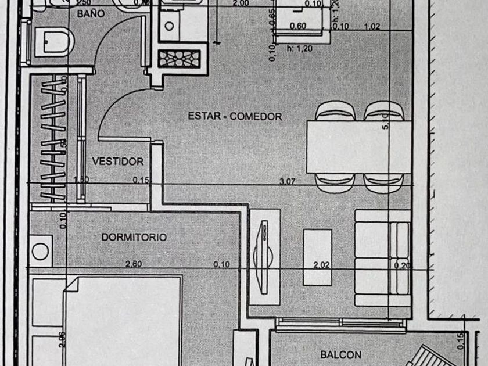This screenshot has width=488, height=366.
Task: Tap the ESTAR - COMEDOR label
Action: point(235,116)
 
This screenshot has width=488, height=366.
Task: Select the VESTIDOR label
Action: point(118,161)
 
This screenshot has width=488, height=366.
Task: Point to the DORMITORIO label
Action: point(134,237)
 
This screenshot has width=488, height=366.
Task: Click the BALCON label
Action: point(340,354)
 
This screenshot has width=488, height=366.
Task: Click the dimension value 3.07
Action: point(287,181)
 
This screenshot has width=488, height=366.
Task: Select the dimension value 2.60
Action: point(134,264)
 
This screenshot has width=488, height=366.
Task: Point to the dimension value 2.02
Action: point(321,265)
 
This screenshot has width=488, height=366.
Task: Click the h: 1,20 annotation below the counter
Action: point(300,49)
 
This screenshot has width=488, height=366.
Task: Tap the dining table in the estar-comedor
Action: point(358,146)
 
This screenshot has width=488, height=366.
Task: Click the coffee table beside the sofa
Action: point(318,256)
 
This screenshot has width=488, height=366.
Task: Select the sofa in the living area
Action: point(382,258)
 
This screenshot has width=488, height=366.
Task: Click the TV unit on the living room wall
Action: point(265,253)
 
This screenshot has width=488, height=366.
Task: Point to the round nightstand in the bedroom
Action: point(41,252)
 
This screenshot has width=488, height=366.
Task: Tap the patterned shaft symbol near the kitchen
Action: point(180,59)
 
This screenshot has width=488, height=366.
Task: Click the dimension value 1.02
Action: point(372,26)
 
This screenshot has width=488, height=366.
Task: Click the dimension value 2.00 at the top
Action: point(241,3)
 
